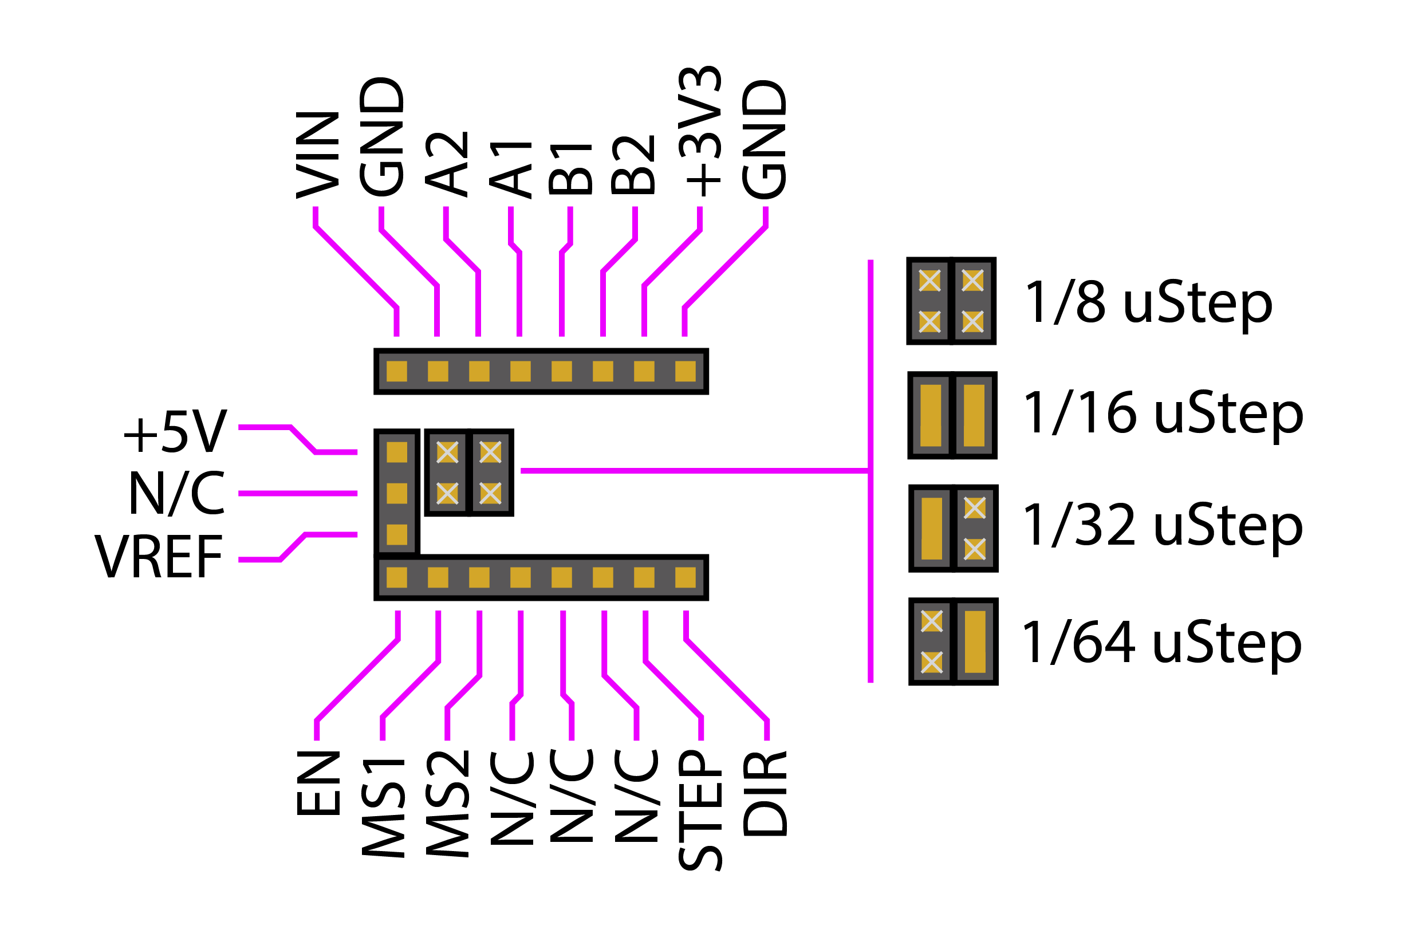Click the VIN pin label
[317, 155]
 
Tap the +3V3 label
[700, 131]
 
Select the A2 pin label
[447, 163]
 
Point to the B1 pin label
[570, 169]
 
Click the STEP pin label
[701, 811]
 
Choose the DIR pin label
[766, 794]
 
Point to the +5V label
[175, 432]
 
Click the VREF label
[159, 557]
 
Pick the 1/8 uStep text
[1149, 302]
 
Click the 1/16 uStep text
[1163, 414]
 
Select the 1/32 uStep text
[1163, 525]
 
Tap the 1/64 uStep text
[1162, 643]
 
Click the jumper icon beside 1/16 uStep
[952, 416]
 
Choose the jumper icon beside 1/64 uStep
[954, 642]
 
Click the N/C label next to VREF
[177, 494]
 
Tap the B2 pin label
[633, 164]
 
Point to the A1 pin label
[511, 170]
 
